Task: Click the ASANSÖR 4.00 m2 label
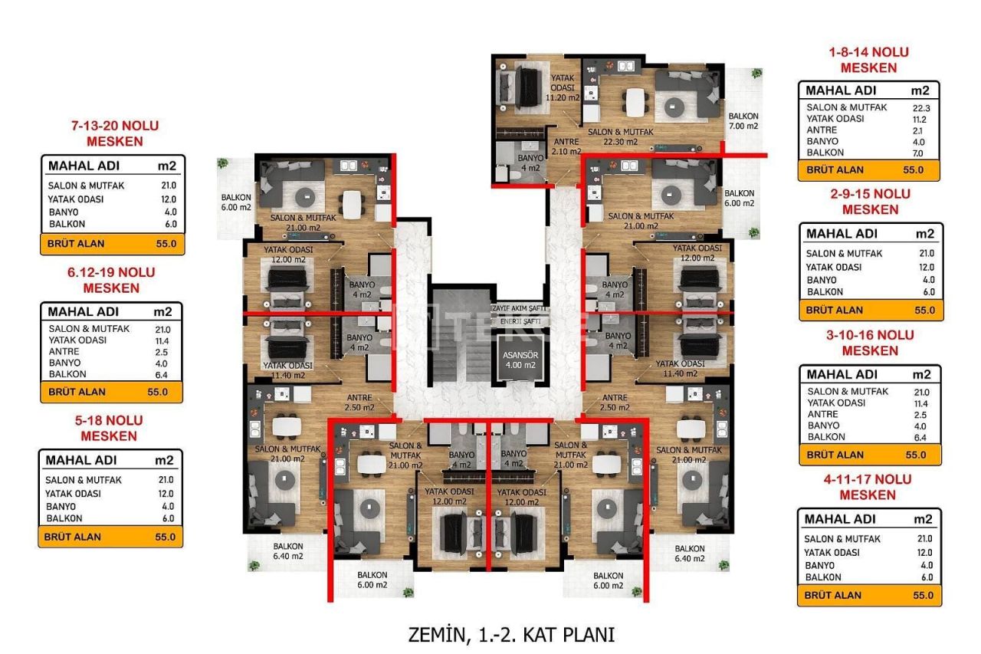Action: point(519,360)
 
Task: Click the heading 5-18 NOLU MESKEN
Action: point(110,428)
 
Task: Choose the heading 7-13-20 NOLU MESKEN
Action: point(113,133)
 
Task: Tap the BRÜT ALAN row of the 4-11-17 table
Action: point(868,595)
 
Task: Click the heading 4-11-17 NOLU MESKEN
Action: point(868,487)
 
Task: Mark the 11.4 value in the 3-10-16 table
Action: point(924,403)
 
